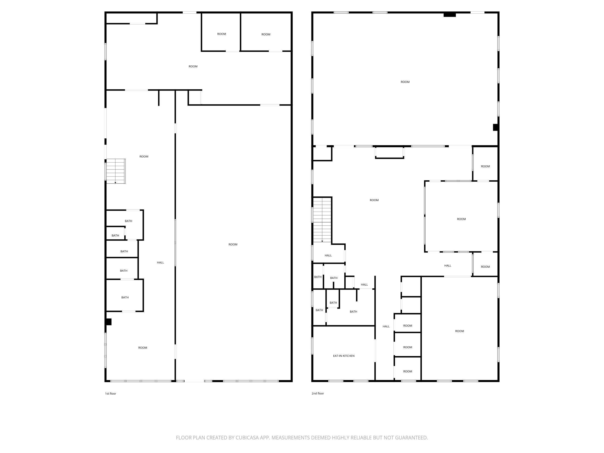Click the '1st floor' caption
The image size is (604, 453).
111,393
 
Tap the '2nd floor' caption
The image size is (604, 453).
318,393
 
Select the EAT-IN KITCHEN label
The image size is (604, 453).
344,356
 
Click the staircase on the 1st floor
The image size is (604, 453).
116,171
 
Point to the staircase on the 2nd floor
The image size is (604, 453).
322,220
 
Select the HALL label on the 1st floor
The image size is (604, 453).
160,263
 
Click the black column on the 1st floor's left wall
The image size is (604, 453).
108,322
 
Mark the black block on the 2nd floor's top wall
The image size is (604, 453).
450,15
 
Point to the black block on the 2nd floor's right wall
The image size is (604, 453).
496,127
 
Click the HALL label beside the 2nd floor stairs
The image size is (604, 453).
328,255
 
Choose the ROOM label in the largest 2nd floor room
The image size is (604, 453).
405,82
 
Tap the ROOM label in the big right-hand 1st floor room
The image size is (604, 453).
233,244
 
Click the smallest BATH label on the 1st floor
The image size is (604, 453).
115,235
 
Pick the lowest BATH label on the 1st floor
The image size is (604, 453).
125,297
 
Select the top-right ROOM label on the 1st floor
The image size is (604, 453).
266,34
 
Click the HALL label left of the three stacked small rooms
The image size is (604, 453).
386,326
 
